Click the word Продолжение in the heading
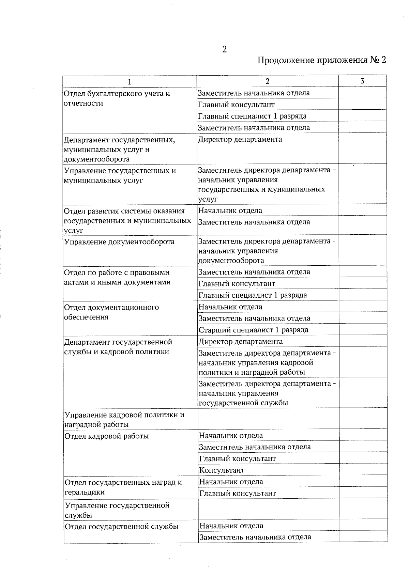(285, 61)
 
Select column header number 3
(362, 81)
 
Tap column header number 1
(129, 82)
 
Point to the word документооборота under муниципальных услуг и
(97, 159)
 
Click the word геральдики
(85, 492)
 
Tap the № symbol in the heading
(373, 61)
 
